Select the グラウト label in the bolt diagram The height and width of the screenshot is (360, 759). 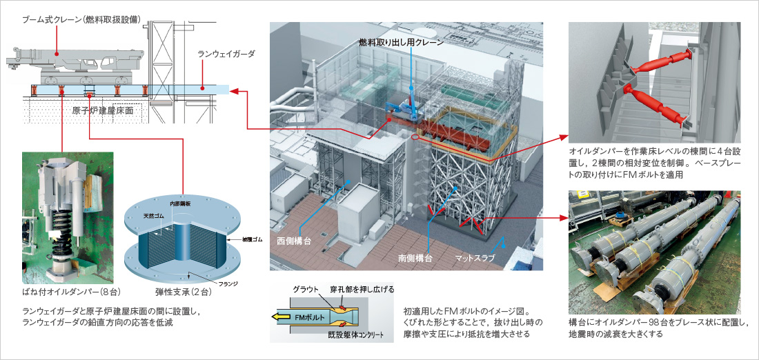[304, 288]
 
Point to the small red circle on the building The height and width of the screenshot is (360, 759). [415, 137]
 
